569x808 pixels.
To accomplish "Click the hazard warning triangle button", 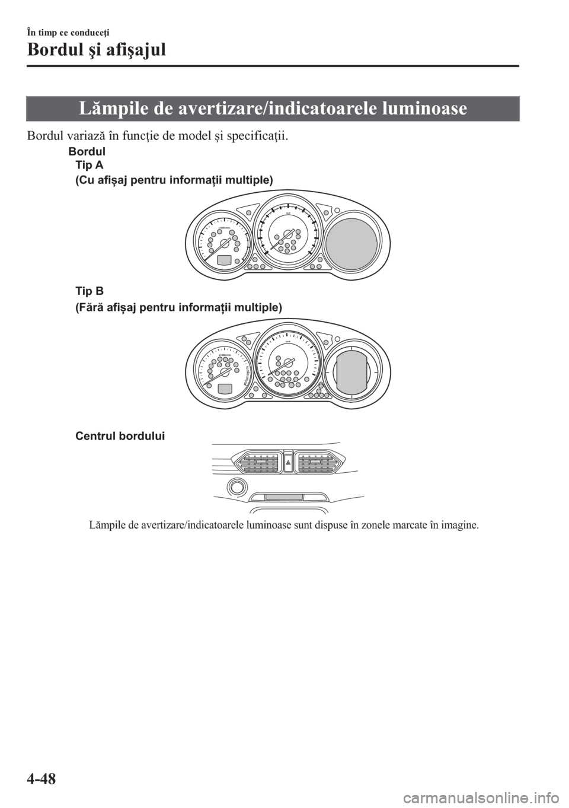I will click(287, 461).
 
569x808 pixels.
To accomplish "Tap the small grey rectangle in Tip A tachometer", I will click(225, 260).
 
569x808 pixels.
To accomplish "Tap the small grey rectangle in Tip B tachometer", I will click(225, 389).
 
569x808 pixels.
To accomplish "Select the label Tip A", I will click(89, 165).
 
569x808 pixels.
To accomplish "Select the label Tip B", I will click(89, 291).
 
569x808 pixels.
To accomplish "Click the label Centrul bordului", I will click(120, 436).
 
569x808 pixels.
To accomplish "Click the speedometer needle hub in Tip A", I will click(289, 234).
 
